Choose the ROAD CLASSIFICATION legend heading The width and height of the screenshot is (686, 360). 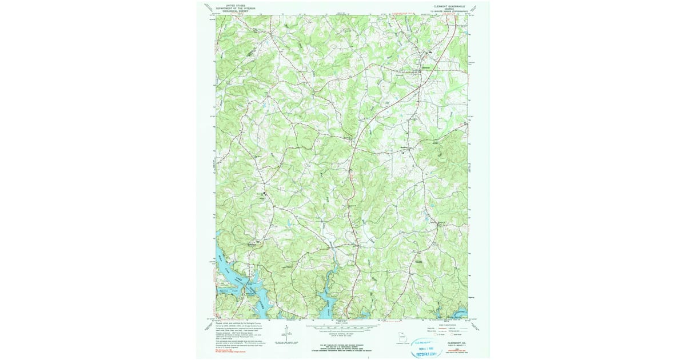point(445,323)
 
